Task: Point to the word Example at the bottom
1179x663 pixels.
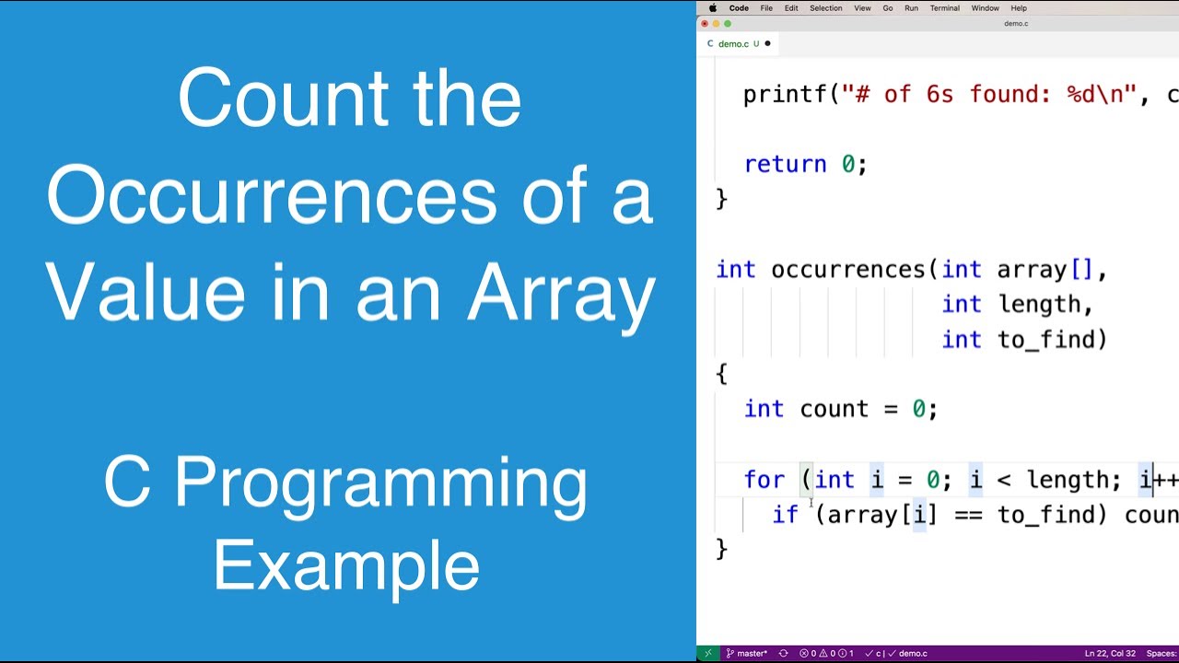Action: click(346, 566)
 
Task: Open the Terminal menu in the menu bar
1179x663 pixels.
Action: click(944, 8)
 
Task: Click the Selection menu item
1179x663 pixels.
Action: click(825, 8)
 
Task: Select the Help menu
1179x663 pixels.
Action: click(1019, 8)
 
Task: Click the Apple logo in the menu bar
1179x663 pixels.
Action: click(713, 8)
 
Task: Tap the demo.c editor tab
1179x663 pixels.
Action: click(733, 43)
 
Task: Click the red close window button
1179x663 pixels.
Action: click(706, 24)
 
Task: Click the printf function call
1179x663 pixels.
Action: click(784, 94)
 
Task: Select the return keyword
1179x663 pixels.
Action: click(785, 164)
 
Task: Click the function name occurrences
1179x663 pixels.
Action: click(847, 270)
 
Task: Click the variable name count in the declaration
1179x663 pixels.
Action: click(834, 409)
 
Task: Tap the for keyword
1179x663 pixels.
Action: click(764, 480)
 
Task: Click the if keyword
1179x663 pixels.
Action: click(785, 514)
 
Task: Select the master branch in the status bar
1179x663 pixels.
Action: click(747, 653)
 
